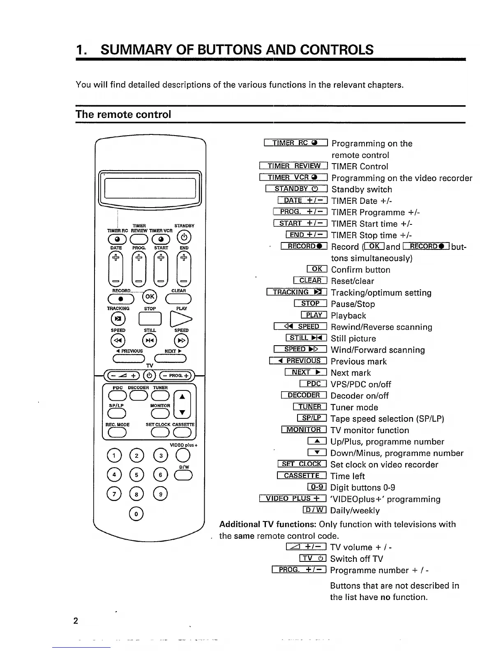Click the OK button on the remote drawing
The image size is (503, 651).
point(150,297)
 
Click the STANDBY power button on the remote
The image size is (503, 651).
point(185,238)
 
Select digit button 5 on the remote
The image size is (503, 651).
point(137,474)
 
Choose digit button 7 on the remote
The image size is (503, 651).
point(114,493)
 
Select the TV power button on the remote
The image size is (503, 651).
point(150,375)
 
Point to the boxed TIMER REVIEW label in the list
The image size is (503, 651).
point(293,166)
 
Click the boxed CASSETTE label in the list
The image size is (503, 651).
point(302,476)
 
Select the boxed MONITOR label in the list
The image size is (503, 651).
point(304,430)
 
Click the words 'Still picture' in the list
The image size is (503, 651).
point(353,339)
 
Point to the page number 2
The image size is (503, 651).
point(76,621)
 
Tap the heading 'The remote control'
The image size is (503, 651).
point(123,114)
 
